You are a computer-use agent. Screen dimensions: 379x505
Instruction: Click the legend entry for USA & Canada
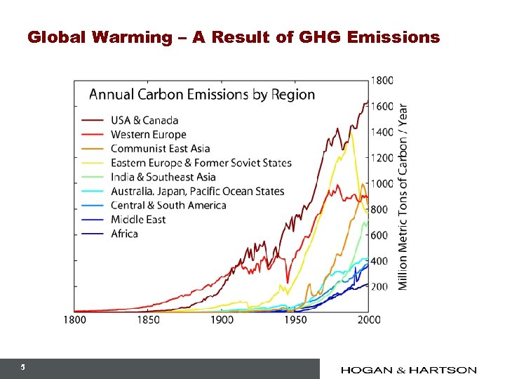click(x=144, y=120)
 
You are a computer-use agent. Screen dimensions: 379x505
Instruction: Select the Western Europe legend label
click(x=149, y=134)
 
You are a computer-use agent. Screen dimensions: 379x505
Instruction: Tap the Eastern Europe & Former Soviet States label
click(x=201, y=163)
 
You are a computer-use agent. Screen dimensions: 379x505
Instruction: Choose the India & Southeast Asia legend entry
click(x=163, y=177)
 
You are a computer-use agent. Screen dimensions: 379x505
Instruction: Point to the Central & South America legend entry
click(x=168, y=205)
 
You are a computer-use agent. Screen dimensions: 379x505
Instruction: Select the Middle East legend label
click(x=138, y=219)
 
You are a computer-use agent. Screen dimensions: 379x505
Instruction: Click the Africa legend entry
click(x=124, y=234)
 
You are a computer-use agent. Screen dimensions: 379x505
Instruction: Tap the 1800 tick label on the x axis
click(x=74, y=320)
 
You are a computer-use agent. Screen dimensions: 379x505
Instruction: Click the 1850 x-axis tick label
click(x=148, y=320)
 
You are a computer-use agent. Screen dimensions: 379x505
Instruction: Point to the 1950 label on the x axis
click(x=295, y=320)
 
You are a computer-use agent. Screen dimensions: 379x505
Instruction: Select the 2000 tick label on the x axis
click(x=369, y=320)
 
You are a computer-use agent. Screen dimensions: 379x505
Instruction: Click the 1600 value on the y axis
click(x=382, y=106)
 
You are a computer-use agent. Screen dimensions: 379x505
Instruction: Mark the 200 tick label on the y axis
click(x=379, y=286)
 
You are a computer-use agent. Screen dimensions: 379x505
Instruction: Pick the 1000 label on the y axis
click(x=382, y=183)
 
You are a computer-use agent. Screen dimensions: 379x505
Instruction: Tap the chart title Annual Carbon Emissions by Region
click(x=201, y=94)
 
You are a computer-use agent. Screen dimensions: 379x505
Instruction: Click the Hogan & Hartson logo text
click(x=409, y=370)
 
